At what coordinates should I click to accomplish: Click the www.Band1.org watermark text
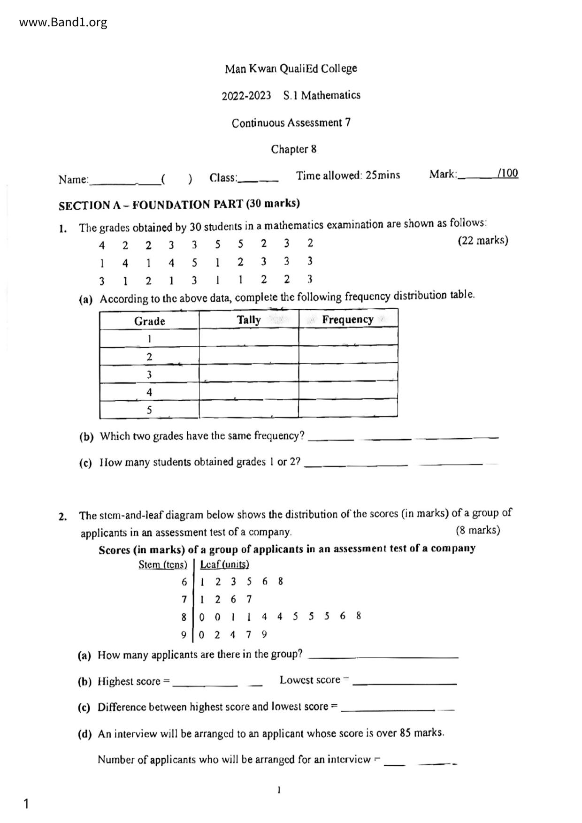point(63,22)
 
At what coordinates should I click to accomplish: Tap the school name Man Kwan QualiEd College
point(291,69)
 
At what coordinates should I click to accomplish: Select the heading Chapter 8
point(293,149)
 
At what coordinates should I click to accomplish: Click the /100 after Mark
point(508,173)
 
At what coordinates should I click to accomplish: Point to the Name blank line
point(124,180)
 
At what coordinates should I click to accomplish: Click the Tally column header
point(248,320)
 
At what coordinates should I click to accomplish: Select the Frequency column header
point(347,320)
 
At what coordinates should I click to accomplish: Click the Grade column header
point(149,321)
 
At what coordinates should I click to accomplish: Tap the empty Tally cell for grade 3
point(248,374)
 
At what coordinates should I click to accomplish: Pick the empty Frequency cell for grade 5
point(348,409)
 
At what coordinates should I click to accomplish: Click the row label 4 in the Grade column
point(149,392)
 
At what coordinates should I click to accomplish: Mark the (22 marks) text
point(482,241)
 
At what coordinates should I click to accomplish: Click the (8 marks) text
point(477,530)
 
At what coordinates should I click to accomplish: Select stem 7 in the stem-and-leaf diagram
point(184,599)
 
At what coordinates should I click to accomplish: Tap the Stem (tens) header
point(162,564)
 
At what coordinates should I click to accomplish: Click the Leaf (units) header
point(224,564)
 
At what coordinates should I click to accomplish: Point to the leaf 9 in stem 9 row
point(264,634)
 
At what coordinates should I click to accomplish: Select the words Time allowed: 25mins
point(348,175)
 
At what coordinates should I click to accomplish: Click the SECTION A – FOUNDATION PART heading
point(179,205)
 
